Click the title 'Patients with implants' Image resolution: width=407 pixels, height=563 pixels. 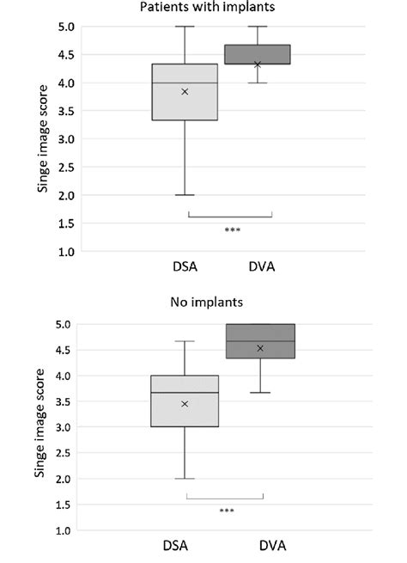pos(203,9)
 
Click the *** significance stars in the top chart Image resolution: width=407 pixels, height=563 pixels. pos(231,229)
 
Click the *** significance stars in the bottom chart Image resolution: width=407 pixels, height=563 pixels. pos(227,511)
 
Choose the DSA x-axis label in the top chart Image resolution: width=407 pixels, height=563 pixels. pos(185,267)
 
